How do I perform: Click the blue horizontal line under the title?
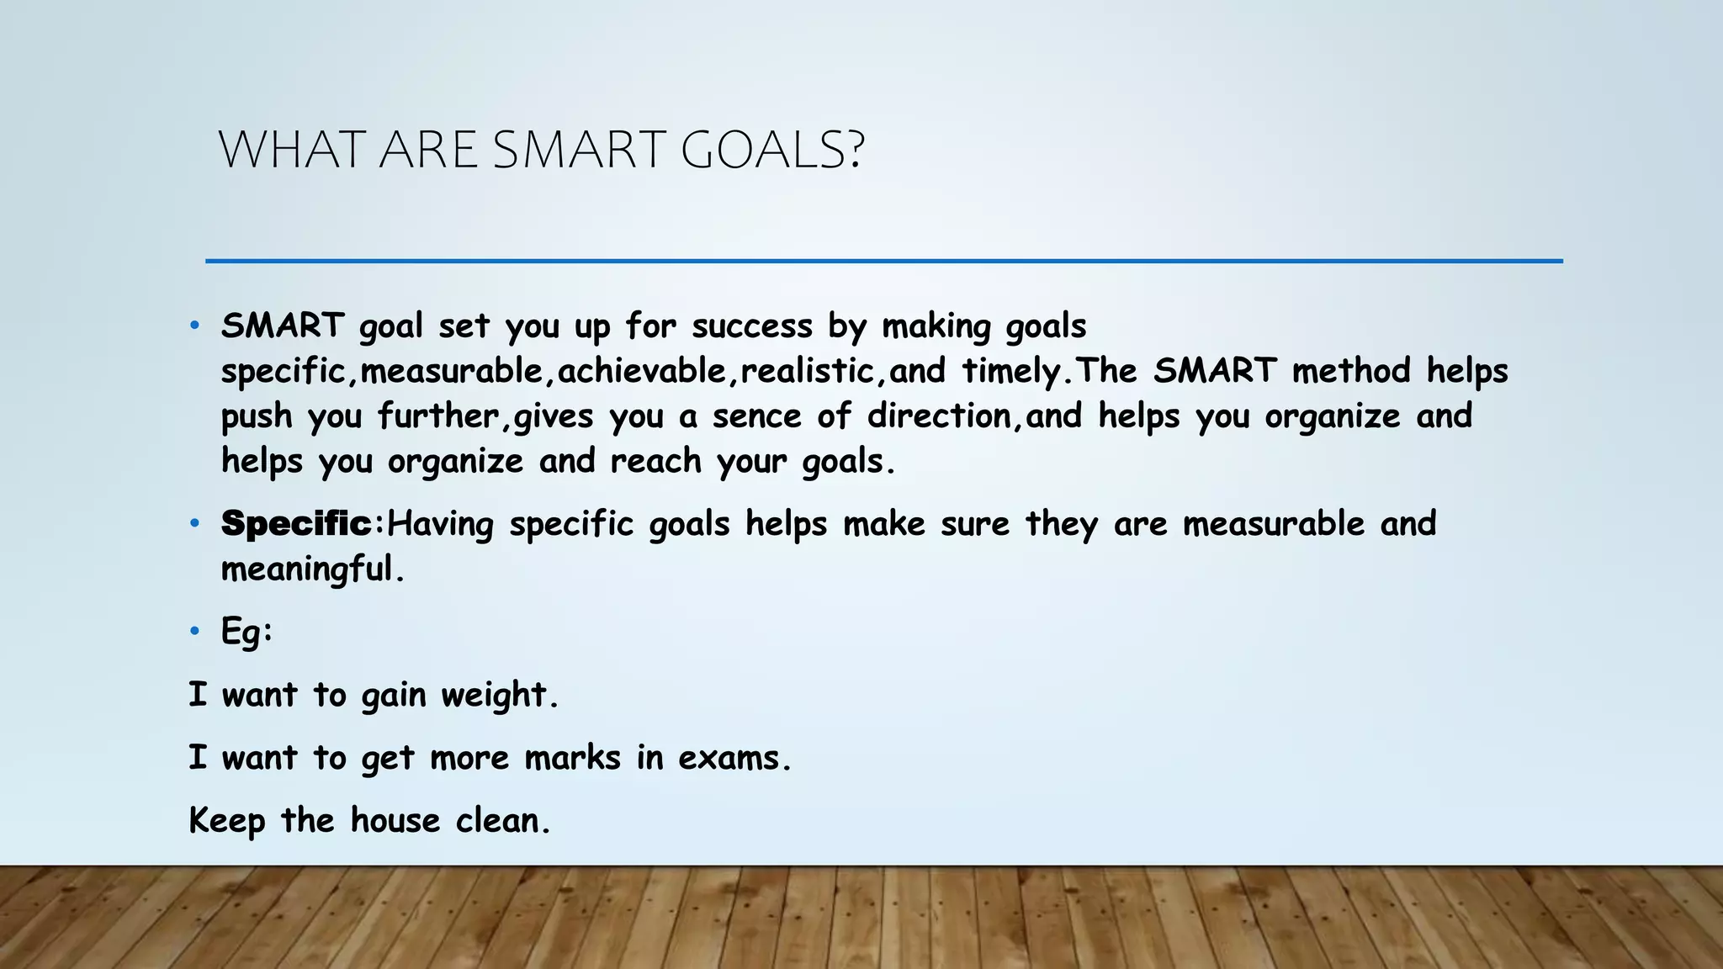coord(883,262)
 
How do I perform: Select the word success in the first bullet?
coord(752,326)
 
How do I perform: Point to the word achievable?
coord(642,371)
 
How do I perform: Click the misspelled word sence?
coord(756,416)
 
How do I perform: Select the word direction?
coord(939,416)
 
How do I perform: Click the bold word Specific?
coord(296,524)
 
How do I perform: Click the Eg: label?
coord(247,631)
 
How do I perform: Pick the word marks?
coord(572,758)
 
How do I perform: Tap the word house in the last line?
coord(395,821)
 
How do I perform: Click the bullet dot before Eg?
coord(194,631)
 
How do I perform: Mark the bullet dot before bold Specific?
coord(194,524)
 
